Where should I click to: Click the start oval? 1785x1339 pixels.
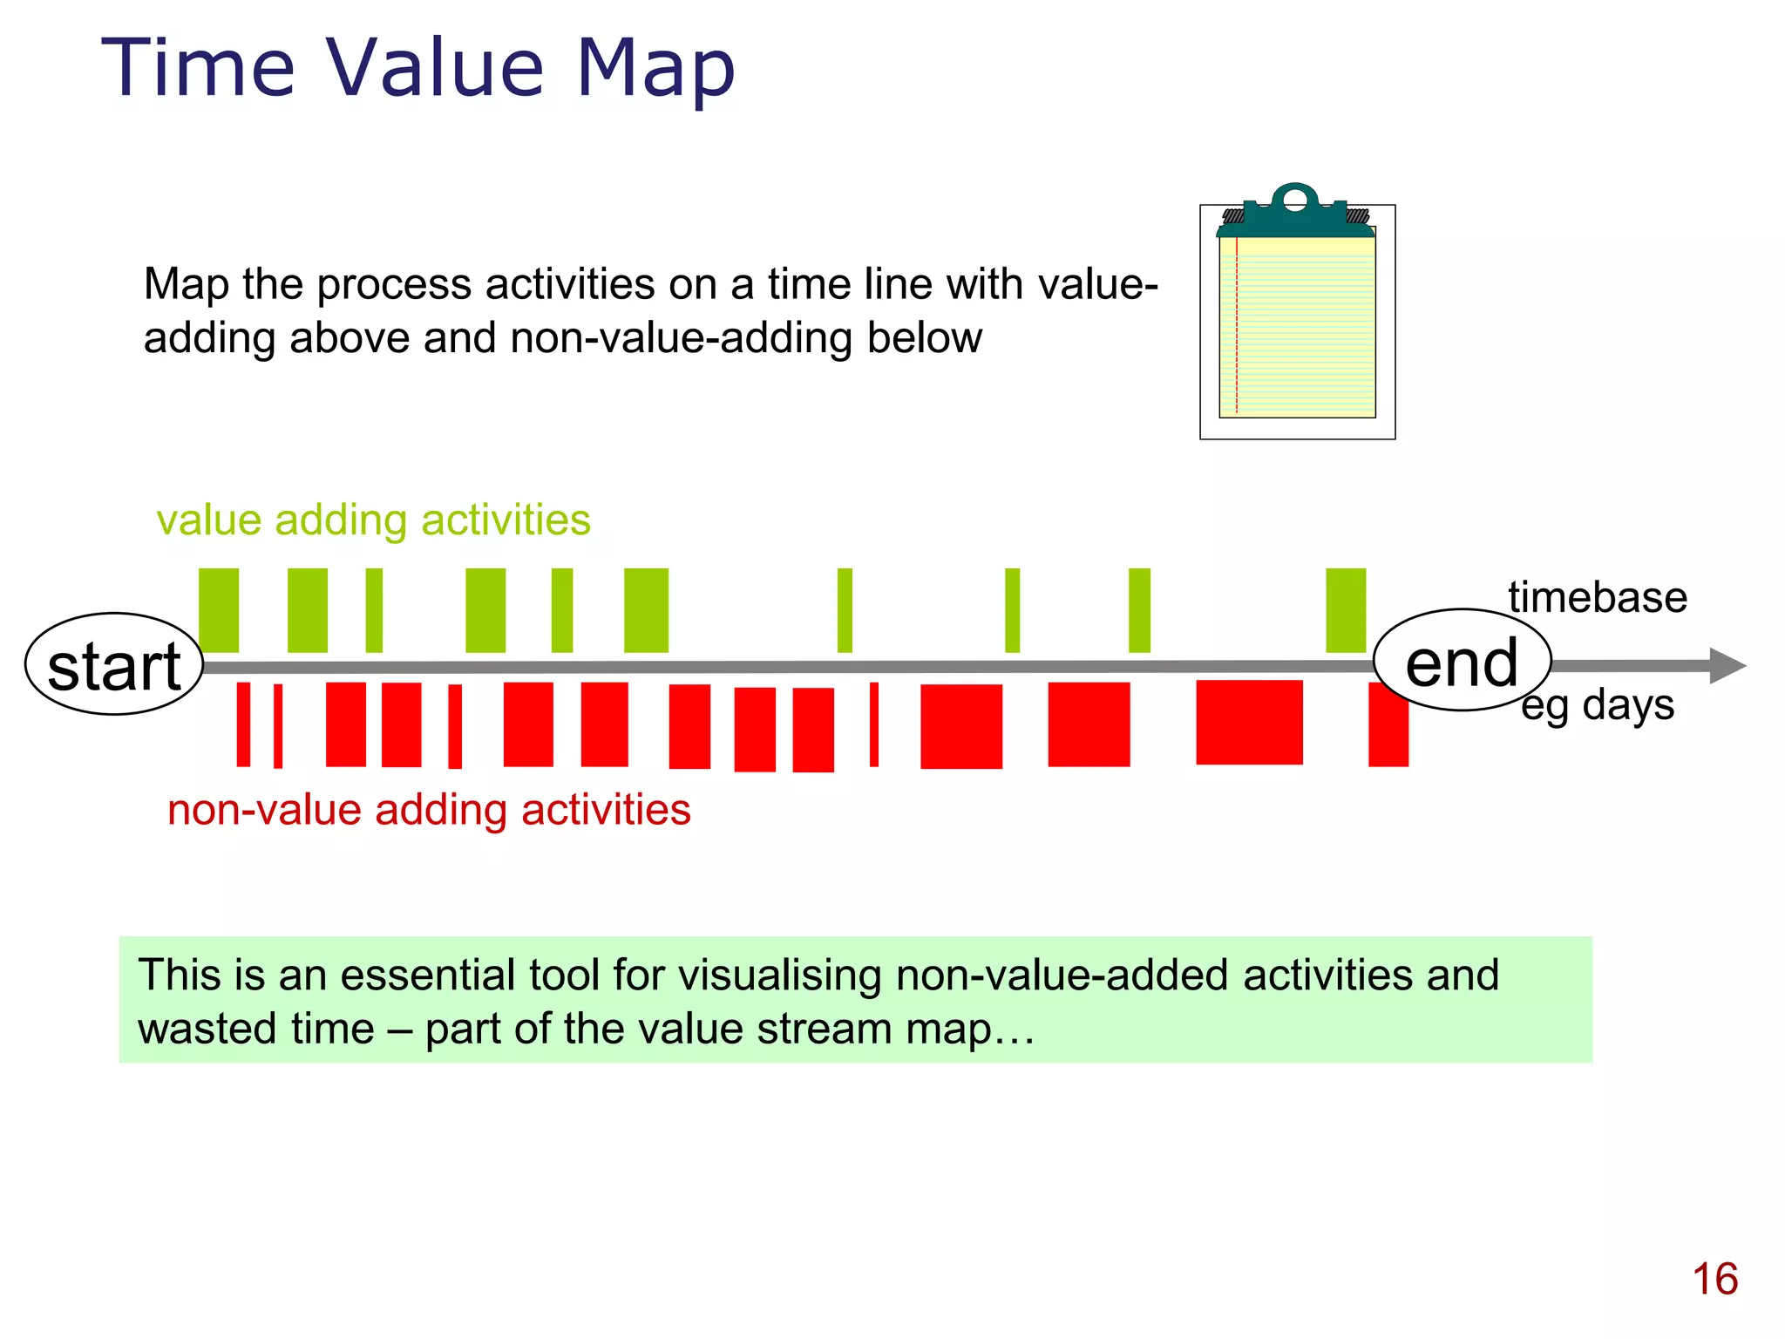click(113, 665)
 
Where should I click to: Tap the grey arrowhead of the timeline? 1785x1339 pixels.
click(1727, 666)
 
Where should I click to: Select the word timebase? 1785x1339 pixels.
click(1598, 598)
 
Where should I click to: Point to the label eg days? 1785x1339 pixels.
click(1598, 704)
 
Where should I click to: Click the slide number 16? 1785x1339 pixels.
click(1714, 1280)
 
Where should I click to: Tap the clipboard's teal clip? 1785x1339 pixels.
click(1295, 214)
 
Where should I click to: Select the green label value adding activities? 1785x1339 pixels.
click(373, 520)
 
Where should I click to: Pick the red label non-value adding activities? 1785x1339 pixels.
click(429, 810)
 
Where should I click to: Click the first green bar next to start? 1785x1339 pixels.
click(219, 610)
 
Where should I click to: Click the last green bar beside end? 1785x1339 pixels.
click(1346, 610)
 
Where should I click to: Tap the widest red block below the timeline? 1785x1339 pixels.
click(1249, 723)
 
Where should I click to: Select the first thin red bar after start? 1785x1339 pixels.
click(243, 724)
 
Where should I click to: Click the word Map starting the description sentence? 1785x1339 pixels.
click(187, 284)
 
